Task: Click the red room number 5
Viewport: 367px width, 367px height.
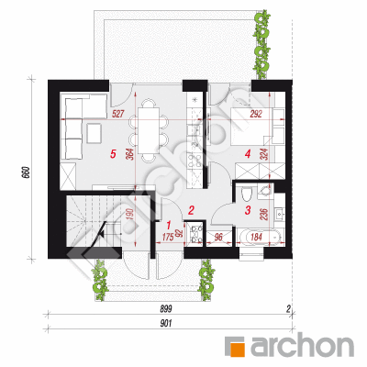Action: coord(113,154)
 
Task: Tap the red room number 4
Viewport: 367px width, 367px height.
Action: coord(248,154)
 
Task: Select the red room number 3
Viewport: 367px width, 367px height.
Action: coord(248,210)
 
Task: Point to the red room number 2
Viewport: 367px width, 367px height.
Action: coord(191,210)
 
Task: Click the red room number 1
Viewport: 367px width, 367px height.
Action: coord(168,226)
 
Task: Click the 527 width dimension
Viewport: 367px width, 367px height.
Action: coord(117,115)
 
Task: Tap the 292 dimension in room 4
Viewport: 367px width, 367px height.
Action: coord(256,115)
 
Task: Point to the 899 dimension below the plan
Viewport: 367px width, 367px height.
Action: coord(165,309)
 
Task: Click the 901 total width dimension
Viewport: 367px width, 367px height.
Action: coord(165,324)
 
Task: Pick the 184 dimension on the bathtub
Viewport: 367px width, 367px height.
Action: coord(256,237)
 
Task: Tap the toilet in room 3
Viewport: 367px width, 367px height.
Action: coord(246,194)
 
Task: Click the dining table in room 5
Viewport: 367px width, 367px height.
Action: coord(149,130)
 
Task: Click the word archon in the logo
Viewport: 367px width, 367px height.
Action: coord(302,347)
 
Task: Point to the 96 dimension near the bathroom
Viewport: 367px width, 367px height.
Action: coord(219,237)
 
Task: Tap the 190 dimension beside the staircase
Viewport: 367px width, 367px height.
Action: coord(129,216)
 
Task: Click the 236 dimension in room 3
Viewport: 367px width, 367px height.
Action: coord(265,215)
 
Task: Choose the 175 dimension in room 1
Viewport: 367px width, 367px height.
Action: coord(168,237)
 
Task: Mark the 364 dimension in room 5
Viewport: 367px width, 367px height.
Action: coord(129,155)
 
